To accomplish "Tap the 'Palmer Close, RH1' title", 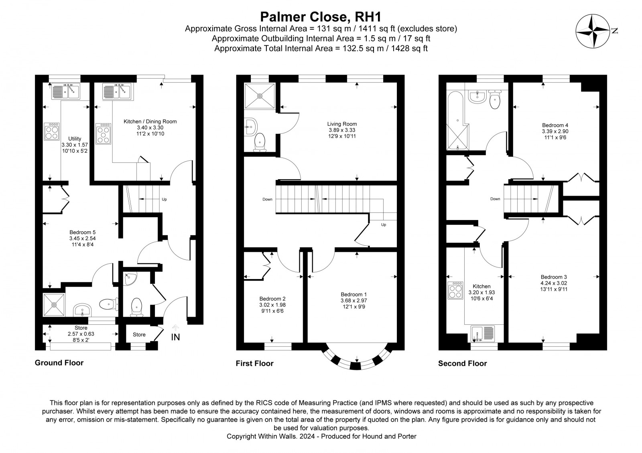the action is click(x=321, y=17).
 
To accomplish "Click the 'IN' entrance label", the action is click(x=175, y=337).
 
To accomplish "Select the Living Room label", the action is click(x=342, y=124).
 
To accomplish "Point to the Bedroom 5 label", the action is click(x=83, y=232).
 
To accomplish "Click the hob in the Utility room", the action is click(x=52, y=131).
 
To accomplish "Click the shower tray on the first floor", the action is click(x=260, y=96).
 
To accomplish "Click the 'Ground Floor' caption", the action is click(x=59, y=363).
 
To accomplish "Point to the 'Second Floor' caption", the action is click(x=462, y=363).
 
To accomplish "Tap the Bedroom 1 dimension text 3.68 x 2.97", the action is click(x=354, y=300).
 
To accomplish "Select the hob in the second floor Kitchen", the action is click(x=455, y=290).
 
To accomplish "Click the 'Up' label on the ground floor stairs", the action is click(x=164, y=199).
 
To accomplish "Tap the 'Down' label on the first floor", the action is click(x=267, y=199).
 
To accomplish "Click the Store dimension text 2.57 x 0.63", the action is click(x=81, y=334).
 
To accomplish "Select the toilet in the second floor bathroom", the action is click(x=495, y=99).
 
